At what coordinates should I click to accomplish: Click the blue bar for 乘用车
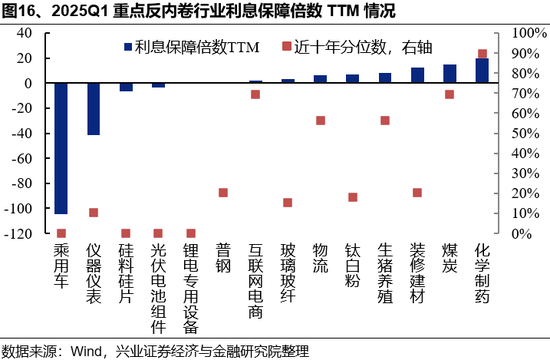[61, 148]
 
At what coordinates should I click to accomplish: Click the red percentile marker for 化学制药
[482, 54]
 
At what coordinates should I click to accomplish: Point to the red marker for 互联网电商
[256, 94]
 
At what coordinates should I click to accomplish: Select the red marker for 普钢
[223, 192]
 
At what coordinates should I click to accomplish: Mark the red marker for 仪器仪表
[93, 212]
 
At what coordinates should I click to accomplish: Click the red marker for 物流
[320, 120]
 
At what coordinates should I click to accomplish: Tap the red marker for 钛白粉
[352, 197]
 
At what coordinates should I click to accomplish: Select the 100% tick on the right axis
[527, 32]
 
